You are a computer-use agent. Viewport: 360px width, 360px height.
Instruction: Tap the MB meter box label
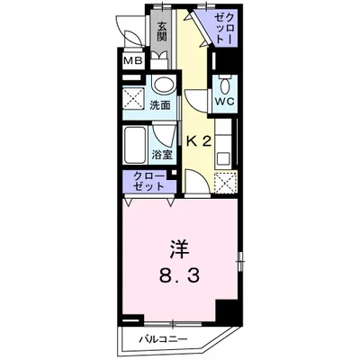pos(132,60)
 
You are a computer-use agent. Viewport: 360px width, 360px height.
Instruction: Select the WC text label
pos(224,102)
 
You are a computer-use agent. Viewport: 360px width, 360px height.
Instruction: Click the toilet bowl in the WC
pos(224,85)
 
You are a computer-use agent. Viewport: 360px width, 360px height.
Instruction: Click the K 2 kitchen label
pos(200,141)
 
